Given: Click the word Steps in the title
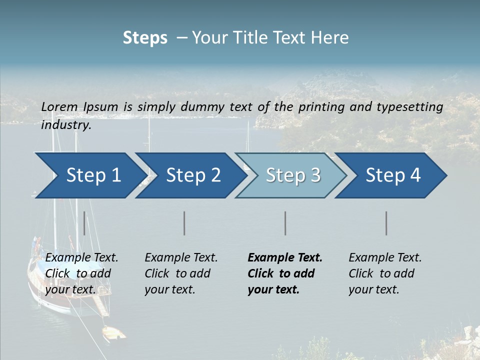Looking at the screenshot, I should (x=145, y=38).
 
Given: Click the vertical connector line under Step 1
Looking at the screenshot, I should (x=84, y=223).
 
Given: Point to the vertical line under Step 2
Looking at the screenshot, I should (x=184, y=223).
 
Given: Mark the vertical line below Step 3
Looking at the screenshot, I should (x=285, y=223).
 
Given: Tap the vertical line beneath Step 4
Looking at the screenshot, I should (x=386, y=223).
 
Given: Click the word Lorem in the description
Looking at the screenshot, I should (x=59, y=106).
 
